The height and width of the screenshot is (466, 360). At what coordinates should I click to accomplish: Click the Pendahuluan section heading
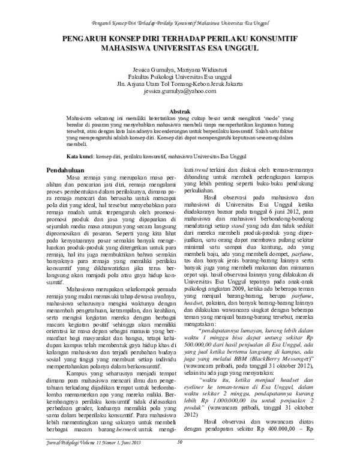pos(68,171)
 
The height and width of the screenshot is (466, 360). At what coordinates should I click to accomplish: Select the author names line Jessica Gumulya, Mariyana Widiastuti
pos(179,68)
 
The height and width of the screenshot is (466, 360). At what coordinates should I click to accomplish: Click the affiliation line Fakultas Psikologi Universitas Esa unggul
pos(179,76)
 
